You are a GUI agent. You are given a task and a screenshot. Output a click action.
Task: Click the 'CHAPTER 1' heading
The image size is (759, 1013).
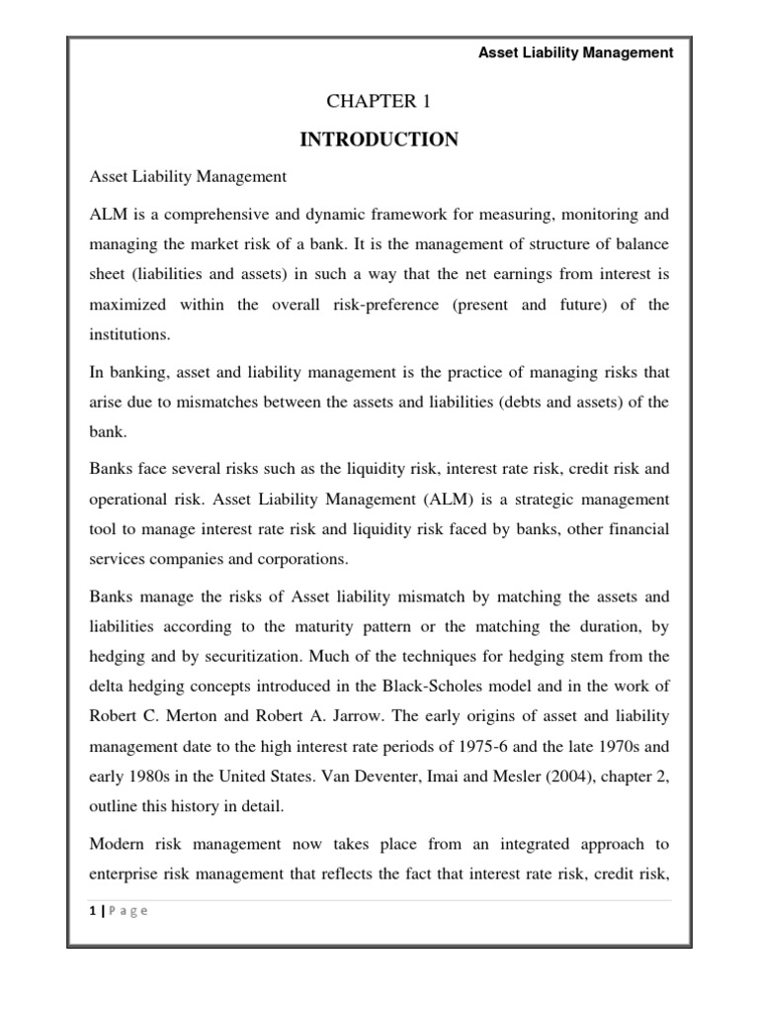(379, 101)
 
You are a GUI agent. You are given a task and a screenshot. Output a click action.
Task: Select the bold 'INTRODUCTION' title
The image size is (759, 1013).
(379, 139)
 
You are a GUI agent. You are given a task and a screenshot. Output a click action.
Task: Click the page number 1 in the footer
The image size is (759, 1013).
(91, 912)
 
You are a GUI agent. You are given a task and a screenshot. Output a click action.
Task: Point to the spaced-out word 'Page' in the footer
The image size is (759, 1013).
(127, 912)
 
